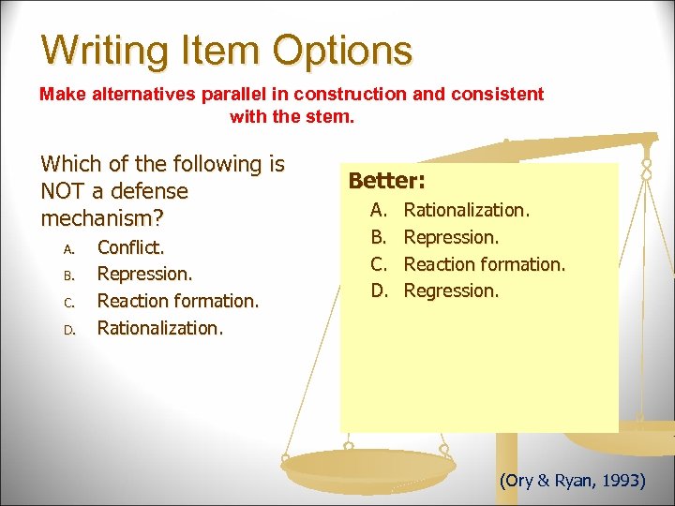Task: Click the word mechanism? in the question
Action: coord(97,218)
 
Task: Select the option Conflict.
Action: coord(130,247)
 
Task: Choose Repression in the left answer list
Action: coord(144,274)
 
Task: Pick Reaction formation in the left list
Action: coord(178,301)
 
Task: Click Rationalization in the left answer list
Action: coord(160,327)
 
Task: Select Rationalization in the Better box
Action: coord(466,211)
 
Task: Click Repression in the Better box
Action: coord(451,237)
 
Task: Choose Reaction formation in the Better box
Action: coord(484,264)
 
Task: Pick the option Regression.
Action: coord(451,290)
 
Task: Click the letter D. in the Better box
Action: coord(379,290)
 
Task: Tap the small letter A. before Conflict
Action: coord(67,248)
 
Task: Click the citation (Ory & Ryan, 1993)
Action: coord(572,481)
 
